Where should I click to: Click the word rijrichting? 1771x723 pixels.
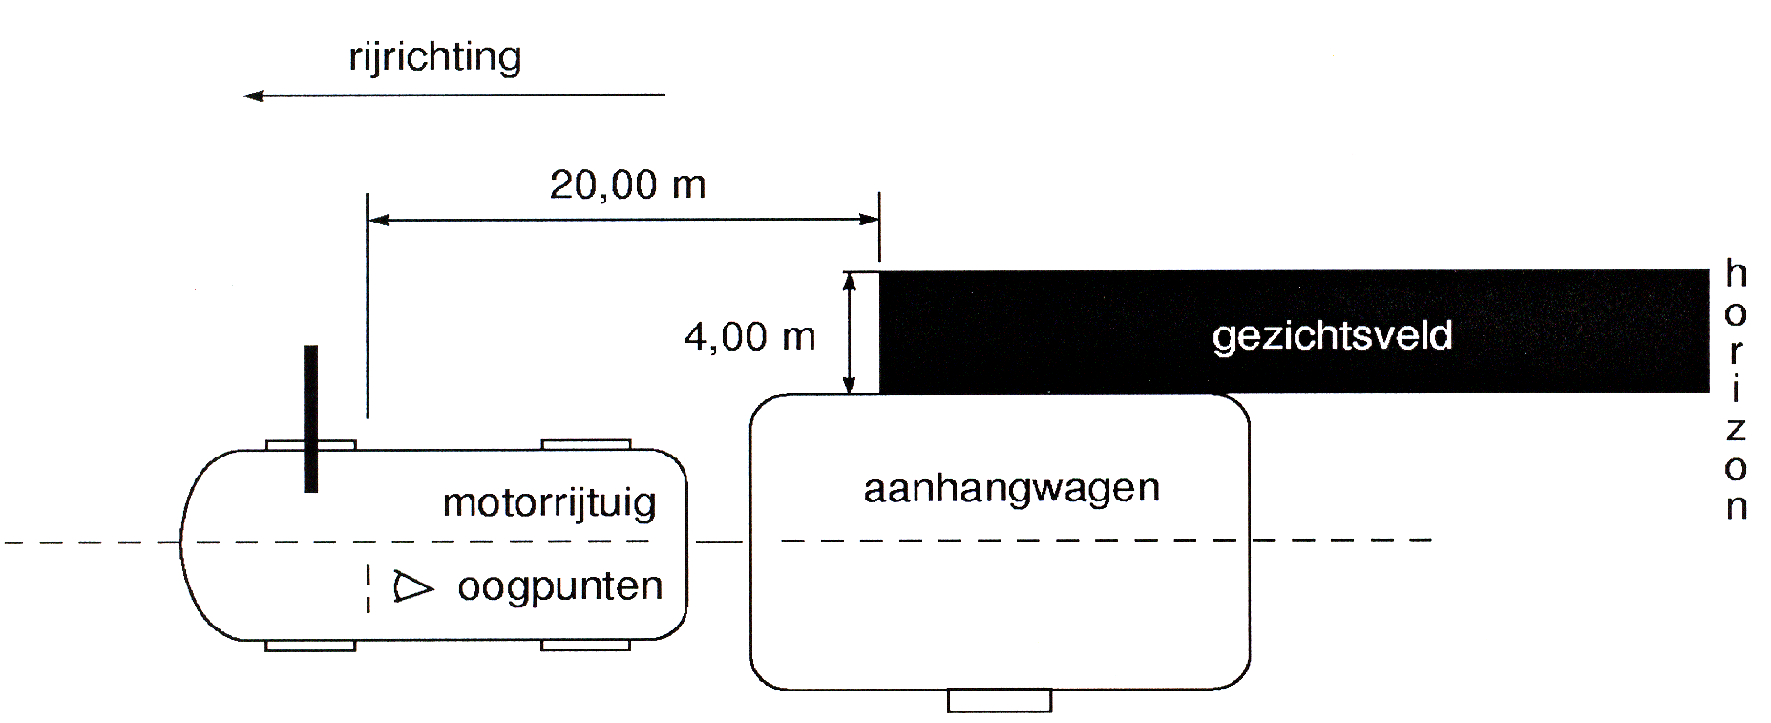coord(435,57)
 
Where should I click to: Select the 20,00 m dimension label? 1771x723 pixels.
coord(627,184)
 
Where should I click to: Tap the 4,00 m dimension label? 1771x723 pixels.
coord(750,336)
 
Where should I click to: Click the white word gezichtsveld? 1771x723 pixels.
coord(1332,336)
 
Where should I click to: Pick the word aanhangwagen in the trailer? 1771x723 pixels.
coord(1011,488)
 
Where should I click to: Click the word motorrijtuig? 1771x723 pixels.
coord(550,502)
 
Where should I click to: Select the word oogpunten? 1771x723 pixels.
coord(560,585)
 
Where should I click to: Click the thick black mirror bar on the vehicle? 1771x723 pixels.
coord(310,418)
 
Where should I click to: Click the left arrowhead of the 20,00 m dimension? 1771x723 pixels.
coord(378,221)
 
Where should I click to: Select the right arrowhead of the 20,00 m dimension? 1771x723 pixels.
coord(868,221)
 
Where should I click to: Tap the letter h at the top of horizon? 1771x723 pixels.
coord(1736,274)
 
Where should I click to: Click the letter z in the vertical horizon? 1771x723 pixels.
coord(1736,429)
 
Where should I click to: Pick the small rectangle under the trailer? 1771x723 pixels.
coord(1000,700)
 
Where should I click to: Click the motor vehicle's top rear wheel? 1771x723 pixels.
coord(586,444)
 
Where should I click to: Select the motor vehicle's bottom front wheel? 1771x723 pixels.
coord(310,646)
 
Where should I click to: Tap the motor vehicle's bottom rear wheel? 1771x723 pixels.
coord(586,646)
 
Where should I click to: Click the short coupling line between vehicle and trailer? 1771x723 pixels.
coord(719,542)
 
